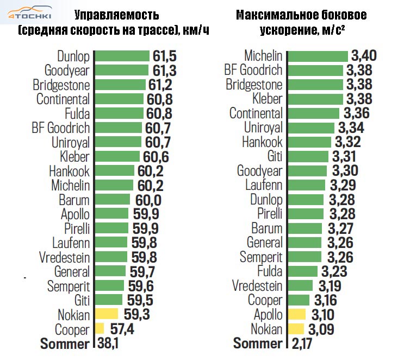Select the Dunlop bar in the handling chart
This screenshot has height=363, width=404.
point(122,56)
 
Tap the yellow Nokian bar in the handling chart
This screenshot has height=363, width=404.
point(107,314)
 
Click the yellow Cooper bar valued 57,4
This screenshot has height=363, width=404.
point(100,328)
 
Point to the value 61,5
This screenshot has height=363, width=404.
point(164,56)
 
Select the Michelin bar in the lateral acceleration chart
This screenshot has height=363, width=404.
point(317,56)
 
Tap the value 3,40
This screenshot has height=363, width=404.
point(364,56)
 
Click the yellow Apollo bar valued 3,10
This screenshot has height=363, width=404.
point(296,314)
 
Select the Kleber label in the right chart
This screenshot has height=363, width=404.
point(268,99)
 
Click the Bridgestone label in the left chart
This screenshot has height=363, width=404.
point(61,85)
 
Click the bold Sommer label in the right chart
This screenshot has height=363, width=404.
point(258,343)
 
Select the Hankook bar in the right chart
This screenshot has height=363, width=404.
point(308,142)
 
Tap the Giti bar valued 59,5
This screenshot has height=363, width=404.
point(109,300)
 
